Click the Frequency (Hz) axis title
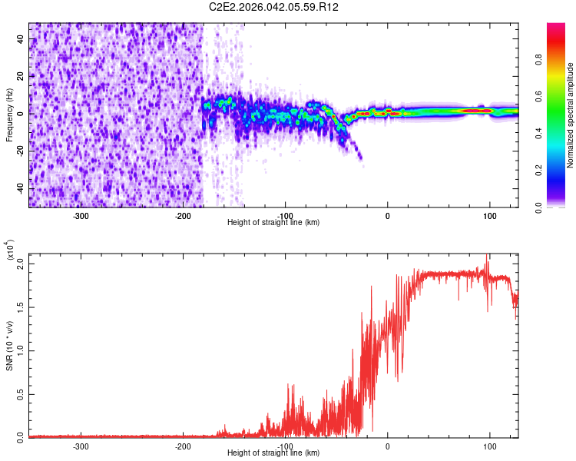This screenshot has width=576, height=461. pos(9,114)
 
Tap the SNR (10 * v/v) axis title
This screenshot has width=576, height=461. pos(9,345)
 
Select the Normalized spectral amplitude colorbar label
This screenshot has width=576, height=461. pos(571,114)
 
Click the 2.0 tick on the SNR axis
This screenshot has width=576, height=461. pos(22,264)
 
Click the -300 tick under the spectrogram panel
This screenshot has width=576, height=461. pos(81,216)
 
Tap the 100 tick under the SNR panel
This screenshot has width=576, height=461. pos(489,446)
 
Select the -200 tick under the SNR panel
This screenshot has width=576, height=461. pos(183,446)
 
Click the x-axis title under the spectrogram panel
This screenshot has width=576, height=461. pos(274,222)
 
